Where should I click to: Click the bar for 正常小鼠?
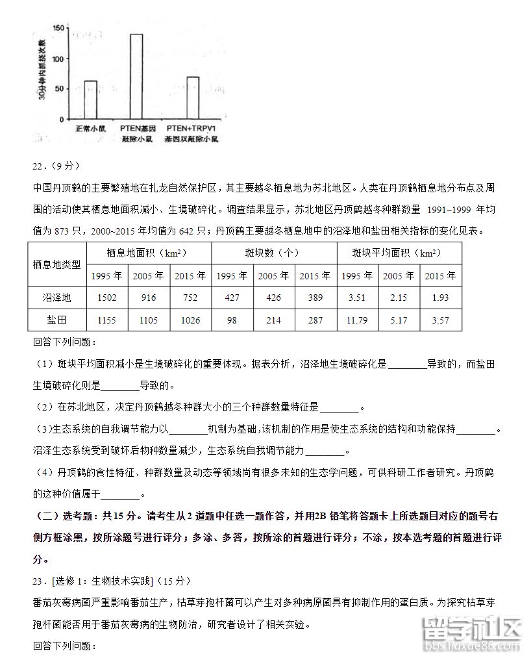90,100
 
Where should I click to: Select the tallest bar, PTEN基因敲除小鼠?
136,77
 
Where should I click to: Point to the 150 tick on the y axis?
58,28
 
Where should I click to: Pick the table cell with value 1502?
106,298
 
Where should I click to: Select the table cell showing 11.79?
356,320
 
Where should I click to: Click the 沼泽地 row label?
57,298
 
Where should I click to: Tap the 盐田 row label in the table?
57,320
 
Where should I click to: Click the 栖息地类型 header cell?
57,264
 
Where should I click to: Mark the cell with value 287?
315,320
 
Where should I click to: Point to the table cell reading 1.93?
439,298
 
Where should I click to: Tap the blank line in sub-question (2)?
340,407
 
